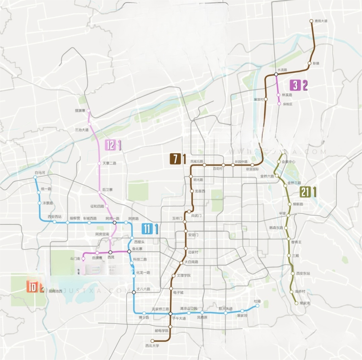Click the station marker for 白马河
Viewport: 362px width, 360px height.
point(35,178)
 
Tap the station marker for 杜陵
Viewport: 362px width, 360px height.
point(257,307)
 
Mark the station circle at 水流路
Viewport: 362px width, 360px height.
point(276,75)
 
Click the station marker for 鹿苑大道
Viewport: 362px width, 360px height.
point(311,21)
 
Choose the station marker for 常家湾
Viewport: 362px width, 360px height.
point(296,303)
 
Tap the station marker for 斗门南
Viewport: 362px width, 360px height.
point(84,258)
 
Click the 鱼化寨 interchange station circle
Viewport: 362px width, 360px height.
point(129,252)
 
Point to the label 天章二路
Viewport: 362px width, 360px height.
point(110,163)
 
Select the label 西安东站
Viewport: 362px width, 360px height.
point(303,273)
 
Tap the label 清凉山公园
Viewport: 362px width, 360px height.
point(188,309)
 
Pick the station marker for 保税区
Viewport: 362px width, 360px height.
point(279,104)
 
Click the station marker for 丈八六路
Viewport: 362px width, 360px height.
point(134,292)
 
